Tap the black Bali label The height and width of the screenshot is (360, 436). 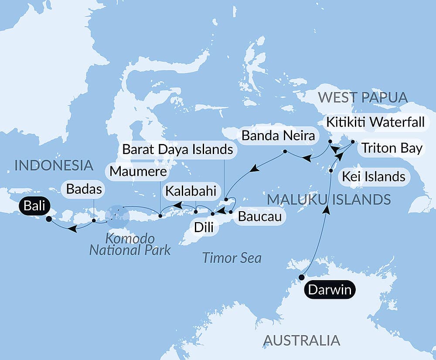click(x=34, y=206)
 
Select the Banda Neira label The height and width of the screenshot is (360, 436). click(x=278, y=136)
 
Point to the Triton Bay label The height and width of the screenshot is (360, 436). click(x=390, y=148)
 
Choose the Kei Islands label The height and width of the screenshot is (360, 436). click(x=374, y=176)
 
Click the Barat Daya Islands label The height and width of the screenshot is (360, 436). click(x=177, y=150)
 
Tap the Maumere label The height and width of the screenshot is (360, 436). click(x=138, y=171)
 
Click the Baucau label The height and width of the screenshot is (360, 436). click(x=257, y=216)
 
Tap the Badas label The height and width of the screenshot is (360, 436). click(x=85, y=189)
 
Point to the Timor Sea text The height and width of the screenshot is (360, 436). click(x=232, y=257)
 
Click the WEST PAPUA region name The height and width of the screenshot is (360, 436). click(x=363, y=97)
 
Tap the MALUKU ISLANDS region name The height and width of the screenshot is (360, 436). click(x=329, y=199)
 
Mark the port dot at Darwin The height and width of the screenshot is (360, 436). click(x=301, y=277)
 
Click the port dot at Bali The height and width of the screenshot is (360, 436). click(x=48, y=219)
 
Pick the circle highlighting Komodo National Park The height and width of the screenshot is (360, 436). click(x=117, y=215)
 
